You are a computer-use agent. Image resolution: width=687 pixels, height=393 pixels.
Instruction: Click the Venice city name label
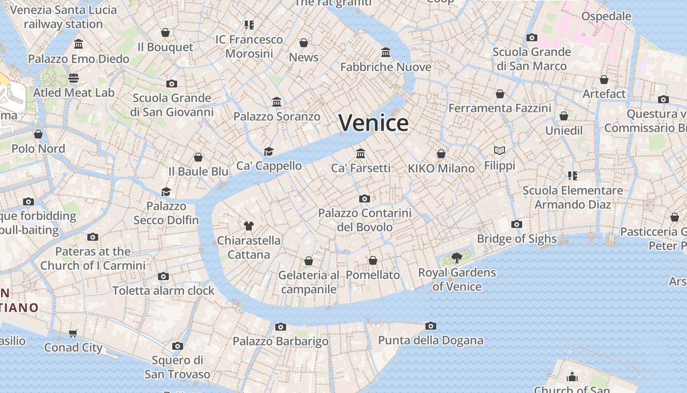tap(373, 123)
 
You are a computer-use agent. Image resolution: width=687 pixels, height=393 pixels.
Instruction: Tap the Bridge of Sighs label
tap(517, 239)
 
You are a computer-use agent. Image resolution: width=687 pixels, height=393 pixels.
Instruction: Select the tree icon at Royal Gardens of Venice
tap(457, 257)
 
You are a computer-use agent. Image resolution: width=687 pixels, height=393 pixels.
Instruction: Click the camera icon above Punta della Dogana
tap(431, 326)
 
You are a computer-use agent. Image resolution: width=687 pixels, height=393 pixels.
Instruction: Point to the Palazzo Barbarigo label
tap(280, 341)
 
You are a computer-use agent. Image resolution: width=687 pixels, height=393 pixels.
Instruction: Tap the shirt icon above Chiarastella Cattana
tap(249, 226)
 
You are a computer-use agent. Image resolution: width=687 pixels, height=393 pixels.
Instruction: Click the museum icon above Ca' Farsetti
tap(361, 153)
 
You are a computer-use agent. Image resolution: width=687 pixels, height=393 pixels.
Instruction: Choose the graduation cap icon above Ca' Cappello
tap(268, 151)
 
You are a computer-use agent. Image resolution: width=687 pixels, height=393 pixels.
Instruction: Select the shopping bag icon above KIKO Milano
tap(441, 154)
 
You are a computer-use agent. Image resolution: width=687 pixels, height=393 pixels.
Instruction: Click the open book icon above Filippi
tap(500, 150)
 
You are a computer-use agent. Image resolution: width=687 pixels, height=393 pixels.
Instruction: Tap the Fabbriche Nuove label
tap(386, 67)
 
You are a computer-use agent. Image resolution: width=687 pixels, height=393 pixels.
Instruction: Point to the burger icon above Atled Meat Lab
tap(74, 78)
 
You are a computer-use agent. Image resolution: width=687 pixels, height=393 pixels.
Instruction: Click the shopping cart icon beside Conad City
tap(73, 334)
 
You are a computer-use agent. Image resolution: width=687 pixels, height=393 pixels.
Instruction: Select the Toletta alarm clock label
tap(163, 290)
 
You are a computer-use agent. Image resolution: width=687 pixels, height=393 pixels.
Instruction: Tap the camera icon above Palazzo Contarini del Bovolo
tap(364, 198)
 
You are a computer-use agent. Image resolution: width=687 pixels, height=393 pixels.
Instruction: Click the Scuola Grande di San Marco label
tap(531, 59)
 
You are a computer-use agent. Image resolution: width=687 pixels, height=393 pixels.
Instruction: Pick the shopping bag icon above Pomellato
tap(373, 260)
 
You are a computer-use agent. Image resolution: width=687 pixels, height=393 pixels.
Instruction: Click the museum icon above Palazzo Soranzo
tap(277, 102)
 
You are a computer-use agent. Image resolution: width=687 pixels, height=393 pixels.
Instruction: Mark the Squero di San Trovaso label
tap(177, 367)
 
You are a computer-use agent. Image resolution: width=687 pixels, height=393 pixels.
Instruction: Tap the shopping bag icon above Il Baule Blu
tap(198, 157)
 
